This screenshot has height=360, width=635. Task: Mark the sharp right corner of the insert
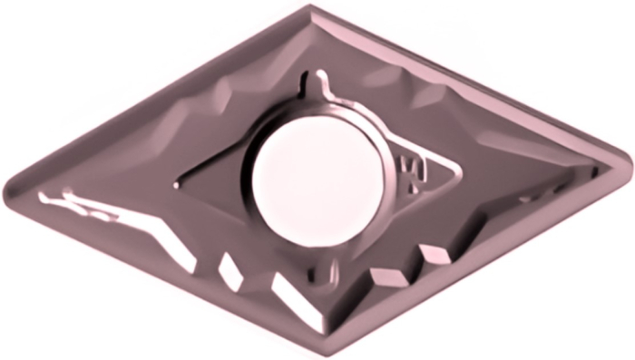628,163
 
